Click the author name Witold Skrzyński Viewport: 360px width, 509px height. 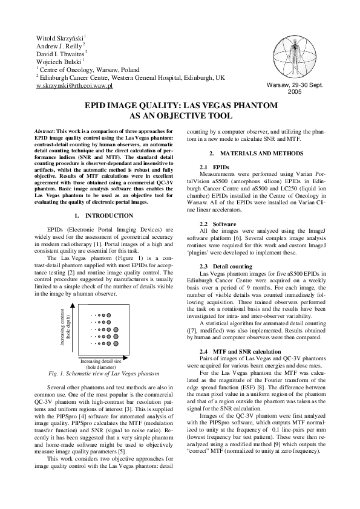[60, 37]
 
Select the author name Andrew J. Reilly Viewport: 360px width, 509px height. [59, 46]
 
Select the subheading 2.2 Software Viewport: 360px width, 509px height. [217, 224]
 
